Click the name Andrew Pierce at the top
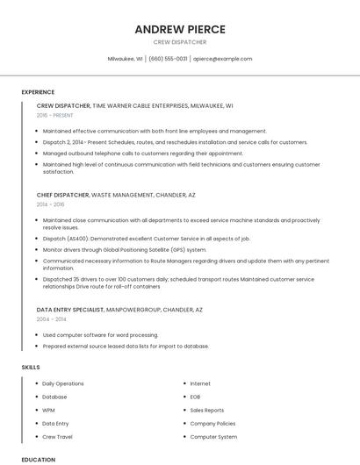point(180,29)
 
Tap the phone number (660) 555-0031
point(168,59)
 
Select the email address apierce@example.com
point(222,59)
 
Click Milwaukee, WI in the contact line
point(125,59)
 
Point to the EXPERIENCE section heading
point(38,92)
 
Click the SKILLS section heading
point(31,366)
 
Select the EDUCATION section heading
point(38,459)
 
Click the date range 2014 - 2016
point(51,204)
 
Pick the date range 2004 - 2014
point(51,319)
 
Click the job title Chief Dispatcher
point(62,194)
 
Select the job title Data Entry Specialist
point(70,310)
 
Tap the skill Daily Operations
point(63,383)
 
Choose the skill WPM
point(49,410)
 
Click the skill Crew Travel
point(57,436)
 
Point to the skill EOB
point(196,397)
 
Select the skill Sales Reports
point(207,410)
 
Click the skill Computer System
point(213,436)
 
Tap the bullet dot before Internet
point(184,383)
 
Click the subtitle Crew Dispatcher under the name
point(180,42)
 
